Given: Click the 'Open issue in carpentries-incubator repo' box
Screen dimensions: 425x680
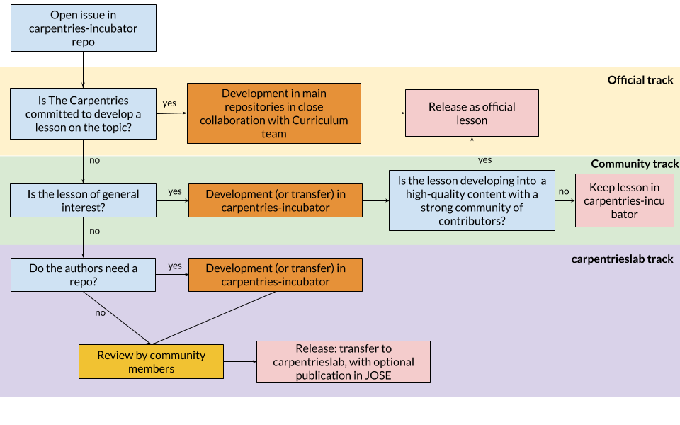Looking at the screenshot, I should tap(83, 28).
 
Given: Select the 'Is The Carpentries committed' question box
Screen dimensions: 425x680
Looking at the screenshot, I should tap(83, 113).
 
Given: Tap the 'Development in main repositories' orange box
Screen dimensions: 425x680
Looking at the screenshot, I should tap(274, 113).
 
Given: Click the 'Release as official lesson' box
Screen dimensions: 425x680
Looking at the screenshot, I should tap(472, 113).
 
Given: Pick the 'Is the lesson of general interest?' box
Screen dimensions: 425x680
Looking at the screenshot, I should tap(83, 200).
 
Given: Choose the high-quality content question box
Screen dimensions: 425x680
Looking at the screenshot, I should tap(472, 200).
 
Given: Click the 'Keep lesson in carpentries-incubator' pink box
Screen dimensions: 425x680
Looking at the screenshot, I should tap(624, 201).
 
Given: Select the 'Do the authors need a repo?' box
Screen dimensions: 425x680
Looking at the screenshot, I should tap(83, 275).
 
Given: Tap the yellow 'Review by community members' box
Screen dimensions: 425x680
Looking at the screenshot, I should tap(151, 362).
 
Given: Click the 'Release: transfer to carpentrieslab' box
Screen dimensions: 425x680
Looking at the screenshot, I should tap(343, 362).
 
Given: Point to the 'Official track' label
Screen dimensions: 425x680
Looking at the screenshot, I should tap(640, 80).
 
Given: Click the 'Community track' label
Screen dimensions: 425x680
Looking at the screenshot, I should tap(635, 164).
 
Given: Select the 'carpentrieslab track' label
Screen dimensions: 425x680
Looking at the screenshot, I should tap(622, 259).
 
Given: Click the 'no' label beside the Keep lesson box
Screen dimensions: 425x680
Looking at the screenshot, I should tap(564, 191).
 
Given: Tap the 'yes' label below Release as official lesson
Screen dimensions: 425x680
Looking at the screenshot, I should tap(485, 160).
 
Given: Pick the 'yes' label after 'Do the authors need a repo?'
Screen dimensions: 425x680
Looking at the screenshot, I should tap(174, 266).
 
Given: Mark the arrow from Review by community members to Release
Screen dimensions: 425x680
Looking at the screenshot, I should tap(240, 362).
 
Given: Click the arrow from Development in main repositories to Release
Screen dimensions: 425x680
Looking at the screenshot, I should tap(382, 113).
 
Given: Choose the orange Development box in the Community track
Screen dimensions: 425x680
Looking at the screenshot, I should tap(274, 200).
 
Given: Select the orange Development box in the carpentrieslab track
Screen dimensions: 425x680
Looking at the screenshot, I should tap(274, 275).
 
